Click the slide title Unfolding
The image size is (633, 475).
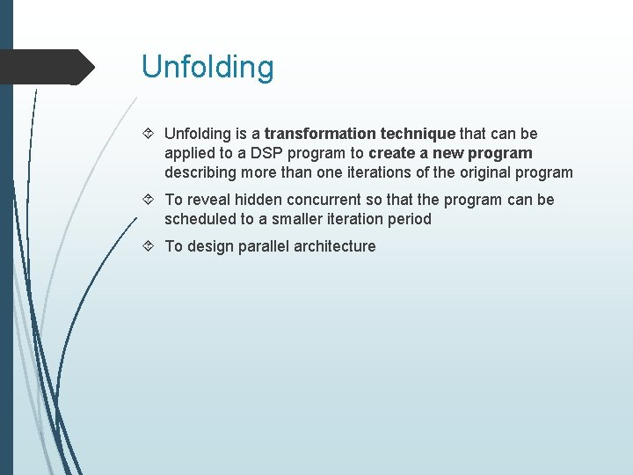[207, 67]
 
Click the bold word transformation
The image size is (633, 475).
[320, 134]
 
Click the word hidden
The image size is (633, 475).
[260, 200]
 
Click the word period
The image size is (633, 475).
[410, 219]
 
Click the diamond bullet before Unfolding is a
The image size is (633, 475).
[149, 134]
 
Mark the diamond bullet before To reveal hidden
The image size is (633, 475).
[149, 200]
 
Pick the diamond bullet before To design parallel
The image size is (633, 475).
[149, 246]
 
